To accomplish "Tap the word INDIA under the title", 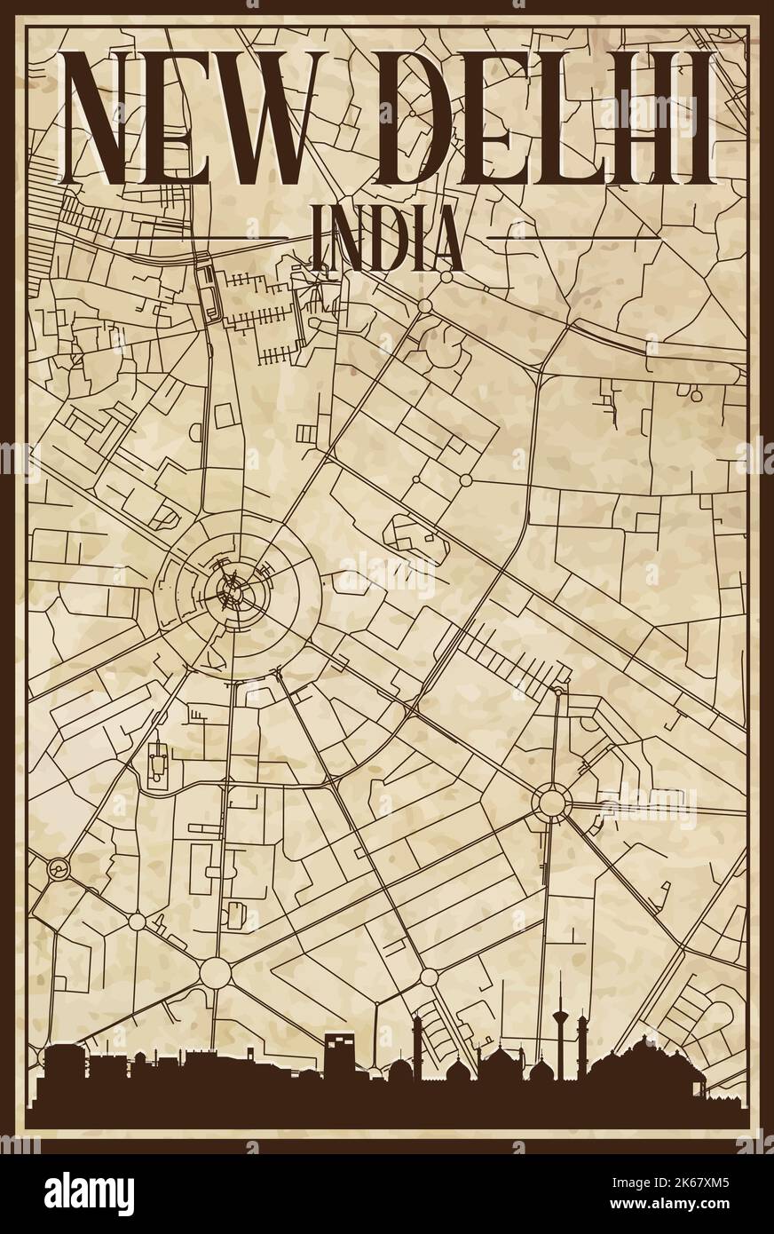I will tap(388, 238).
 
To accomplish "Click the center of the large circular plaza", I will tap(233, 588).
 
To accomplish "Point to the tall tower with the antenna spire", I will tap(561, 1021).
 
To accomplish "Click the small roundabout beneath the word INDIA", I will tap(424, 305).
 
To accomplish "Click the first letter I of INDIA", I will tap(321, 238).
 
